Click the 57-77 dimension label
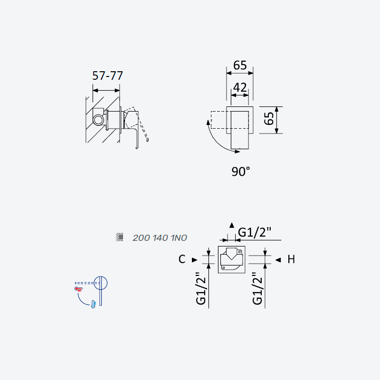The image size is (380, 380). (108, 76)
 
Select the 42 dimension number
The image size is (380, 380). (240, 87)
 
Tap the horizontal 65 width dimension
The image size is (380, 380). (240, 65)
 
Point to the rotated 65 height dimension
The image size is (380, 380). (269, 118)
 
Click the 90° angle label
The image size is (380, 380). (240, 171)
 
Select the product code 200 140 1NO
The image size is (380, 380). (160, 238)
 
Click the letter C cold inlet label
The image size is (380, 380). (182, 259)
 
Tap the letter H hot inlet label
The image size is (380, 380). (291, 259)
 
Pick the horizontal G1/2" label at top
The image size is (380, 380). (254, 232)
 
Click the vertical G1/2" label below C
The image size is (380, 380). (201, 288)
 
